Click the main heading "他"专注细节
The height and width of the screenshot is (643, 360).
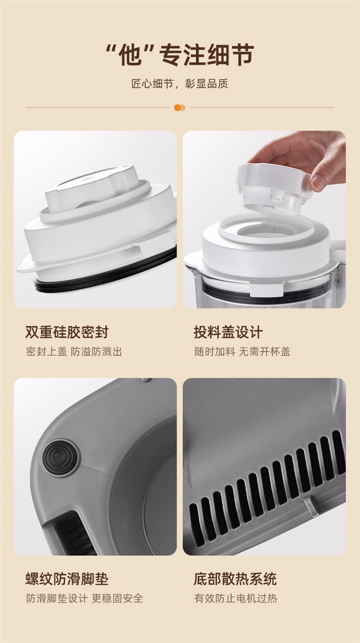[180, 54]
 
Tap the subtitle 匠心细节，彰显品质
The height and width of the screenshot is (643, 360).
[180, 84]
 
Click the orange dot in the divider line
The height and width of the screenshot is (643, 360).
[178, 107]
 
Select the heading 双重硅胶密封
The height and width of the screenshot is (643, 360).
[67, 332]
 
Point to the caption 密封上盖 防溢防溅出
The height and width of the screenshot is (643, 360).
[74, 351]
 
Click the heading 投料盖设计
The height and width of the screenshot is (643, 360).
[228, 332]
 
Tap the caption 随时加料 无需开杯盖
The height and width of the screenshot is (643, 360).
[242, 351]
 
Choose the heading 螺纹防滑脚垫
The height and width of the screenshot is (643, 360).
[67, 579]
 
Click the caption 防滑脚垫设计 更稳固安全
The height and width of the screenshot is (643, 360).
[84, 598]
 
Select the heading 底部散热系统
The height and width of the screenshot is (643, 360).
[235, 579]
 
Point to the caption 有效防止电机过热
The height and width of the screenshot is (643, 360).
[236, 598]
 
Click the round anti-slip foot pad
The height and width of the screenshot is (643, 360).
[60, 457]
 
